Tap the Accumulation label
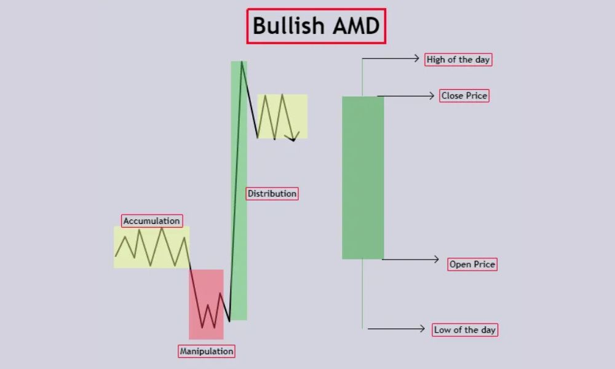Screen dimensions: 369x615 152,221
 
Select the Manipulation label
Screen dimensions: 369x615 207,351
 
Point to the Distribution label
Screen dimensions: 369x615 272,193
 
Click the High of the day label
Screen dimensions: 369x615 458,60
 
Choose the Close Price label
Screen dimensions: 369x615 464,95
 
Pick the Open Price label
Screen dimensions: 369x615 472,264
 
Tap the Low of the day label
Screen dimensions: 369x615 464,330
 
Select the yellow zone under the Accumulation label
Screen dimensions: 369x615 151,247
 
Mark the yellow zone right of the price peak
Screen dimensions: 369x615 282,116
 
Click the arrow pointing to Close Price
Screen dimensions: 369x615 406,95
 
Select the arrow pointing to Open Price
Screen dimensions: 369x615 410,260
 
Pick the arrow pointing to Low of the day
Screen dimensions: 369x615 396,328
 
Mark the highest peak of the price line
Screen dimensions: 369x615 242,61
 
